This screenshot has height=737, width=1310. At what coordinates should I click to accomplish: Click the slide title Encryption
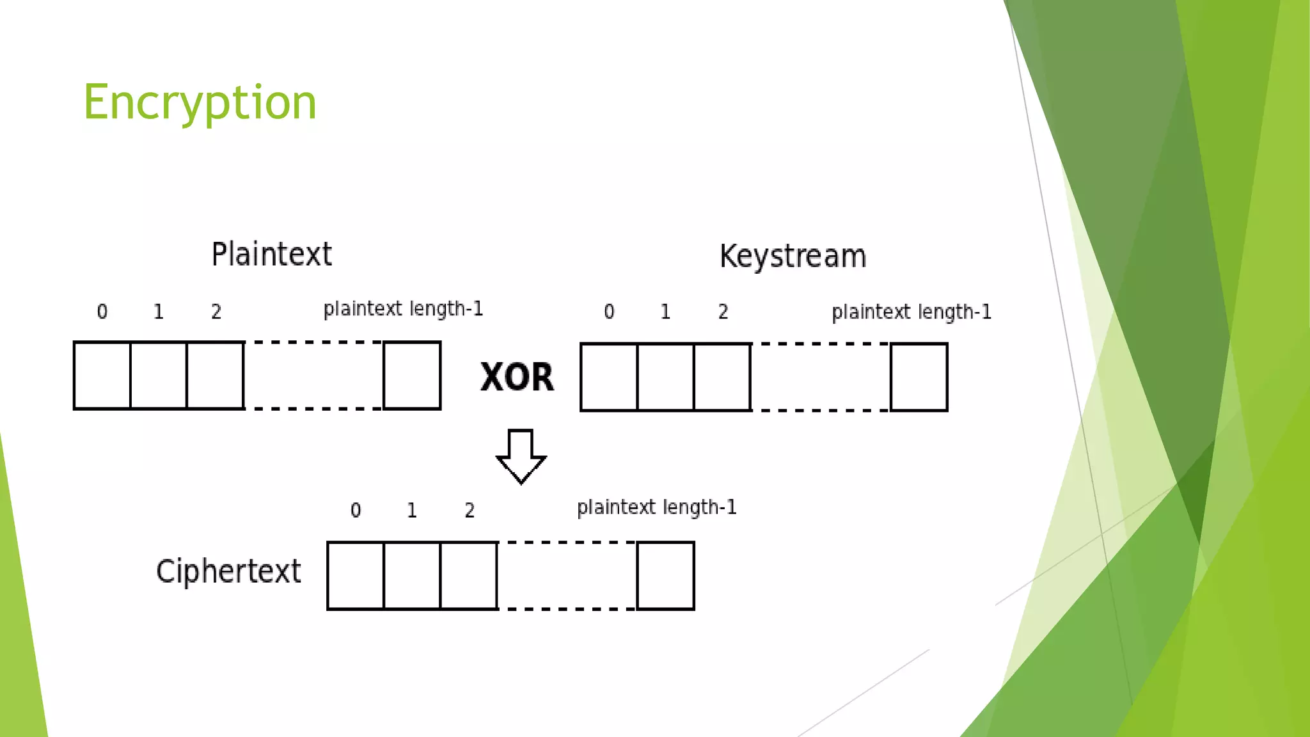pyautogui.click(x=200, y=102)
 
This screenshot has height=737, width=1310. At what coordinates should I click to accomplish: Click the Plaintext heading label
pyautogui.click(x=271, y=255)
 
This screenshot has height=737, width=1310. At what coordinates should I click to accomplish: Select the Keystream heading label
pyautogui.click(x=793, y=257)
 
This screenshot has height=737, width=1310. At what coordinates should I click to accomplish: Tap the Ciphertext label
pyautogui.click(x=228, y=571)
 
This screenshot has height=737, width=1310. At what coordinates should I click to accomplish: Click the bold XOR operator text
pyautogui.click(x=517, y=377)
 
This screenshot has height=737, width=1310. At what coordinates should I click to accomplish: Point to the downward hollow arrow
pyautogui.click(x=521, y=456)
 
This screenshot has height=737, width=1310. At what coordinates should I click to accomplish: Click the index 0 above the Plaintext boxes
pyautogui.click(x=102, y=312)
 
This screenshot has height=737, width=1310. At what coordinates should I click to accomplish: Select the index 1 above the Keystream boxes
pyautogui.click(x=665, y=312)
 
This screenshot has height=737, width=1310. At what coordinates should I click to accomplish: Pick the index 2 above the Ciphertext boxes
pyautogui.click(x=470, y=511)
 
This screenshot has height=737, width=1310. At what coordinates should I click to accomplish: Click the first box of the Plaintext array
pyautogui.click(x=102, y=376)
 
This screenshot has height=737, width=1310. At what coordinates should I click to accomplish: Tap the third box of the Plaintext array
pyautogui.click(x=216, y=376)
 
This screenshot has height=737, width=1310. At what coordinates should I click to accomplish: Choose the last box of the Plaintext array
pyautogui.click(x=412, y=376)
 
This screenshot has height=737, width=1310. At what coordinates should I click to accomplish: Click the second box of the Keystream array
pyautogui.click(x=666, y=377)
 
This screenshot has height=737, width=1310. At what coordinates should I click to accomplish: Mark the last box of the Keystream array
pyautogui.click(x=919, y=377)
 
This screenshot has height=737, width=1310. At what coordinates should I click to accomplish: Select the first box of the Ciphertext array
pyautogui.click(x=356, y=576)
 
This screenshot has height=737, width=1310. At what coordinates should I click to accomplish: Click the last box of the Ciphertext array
pyautogui.click(x=666, y=576)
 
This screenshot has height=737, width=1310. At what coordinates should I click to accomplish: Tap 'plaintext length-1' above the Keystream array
pyautogui.click(x=911, y=312)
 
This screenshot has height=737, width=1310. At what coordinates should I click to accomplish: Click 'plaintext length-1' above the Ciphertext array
pyautogui.click(x=657, y=508)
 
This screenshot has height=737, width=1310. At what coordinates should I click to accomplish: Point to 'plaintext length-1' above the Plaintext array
pyautogui.click(x=403, y=310)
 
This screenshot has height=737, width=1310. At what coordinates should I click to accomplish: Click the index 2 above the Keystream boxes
pyautogui.click(x=723, y=312)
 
